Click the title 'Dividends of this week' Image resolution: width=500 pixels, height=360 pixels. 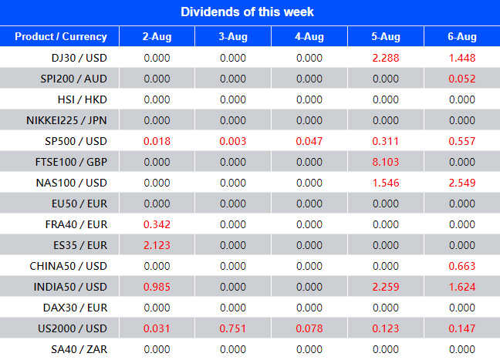[248, 12]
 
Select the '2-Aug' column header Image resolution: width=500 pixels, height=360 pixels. [157, 36]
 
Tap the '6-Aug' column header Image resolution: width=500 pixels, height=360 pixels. [462, 36]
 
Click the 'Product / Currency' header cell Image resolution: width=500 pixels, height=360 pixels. [59, 36]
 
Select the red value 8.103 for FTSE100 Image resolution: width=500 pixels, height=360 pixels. [385, 161]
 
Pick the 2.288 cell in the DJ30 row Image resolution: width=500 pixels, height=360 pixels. [385, 57]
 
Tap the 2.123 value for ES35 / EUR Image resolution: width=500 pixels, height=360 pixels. [157, 244]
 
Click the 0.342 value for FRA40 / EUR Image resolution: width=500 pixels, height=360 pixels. [157, 224]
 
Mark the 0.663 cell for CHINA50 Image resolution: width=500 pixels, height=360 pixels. [462, 266]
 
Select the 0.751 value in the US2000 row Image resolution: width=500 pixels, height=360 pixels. [233, 328]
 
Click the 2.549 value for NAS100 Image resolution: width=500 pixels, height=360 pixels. [462, 182]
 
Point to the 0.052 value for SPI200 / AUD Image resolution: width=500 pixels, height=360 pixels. [462, 78]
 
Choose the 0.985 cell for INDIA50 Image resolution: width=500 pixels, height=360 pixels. [157, 287]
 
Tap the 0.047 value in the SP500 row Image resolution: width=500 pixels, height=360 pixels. [309, 140]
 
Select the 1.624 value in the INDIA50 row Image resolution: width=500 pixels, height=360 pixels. [462, 287]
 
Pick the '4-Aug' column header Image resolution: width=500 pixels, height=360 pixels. [309, 36]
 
